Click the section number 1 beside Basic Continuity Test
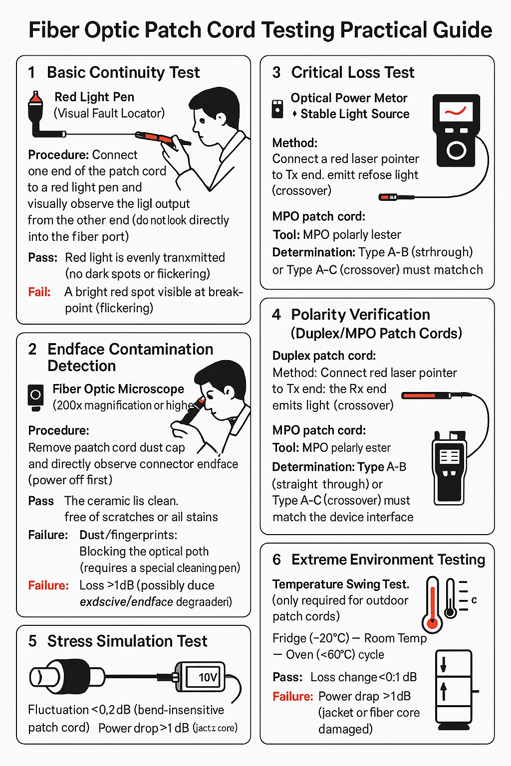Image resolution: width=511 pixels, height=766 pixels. pyautogui.click(x=32, y=73)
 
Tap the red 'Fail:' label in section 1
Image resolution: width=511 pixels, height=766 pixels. pyautogui.click(x=39, y=292)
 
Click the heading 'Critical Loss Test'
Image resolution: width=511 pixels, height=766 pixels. pyautogui.click(x=352, y=73)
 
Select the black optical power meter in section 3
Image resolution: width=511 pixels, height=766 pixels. pyautogui.click(x=455, y=131)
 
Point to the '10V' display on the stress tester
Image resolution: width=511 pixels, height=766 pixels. pyautogui.click(x=208, y=677)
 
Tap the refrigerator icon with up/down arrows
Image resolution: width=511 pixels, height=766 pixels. pyautogui.click(x=453, y=687)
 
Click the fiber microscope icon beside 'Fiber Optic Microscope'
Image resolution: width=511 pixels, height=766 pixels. pyautogui.click(x=35, y=397)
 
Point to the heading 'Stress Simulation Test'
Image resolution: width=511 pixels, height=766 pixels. pyautogui.click(x=127, y=641)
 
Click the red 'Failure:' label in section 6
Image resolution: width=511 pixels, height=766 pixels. pyautogui.click(x=293, y=696)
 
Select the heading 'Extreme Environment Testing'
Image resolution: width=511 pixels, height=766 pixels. pyautogui.click(x=388, y=560)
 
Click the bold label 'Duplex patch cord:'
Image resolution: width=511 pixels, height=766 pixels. pyautogui.click(x=324, y=356)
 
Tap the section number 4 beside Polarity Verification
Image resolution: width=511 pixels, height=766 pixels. pyautogui.click(x=276, y=315)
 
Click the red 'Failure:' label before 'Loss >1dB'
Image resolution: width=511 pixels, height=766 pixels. pyautogui.click(x=48, y=585)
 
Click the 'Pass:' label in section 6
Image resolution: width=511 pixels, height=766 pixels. pyautogui.click(x=287, y=677)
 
